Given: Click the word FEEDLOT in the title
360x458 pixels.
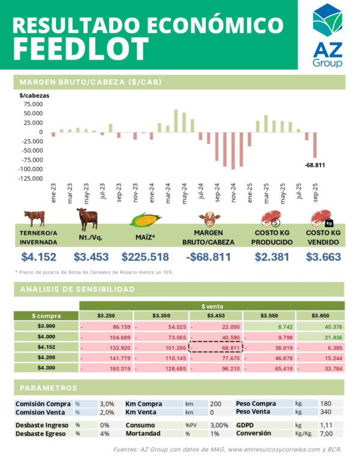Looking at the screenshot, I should (x=80, y=48).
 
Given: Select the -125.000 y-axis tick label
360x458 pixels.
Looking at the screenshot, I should (x=29, y=178).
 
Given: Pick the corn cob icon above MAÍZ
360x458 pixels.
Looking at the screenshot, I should (x=146, y=220).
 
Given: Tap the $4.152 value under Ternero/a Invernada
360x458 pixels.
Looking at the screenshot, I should (x=38, y=257).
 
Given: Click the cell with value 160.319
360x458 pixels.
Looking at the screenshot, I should (x=106, y=367).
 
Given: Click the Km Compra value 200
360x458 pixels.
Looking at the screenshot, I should (x=215, y=404).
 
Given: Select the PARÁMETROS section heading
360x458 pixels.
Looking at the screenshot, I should (x=48, y=388).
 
